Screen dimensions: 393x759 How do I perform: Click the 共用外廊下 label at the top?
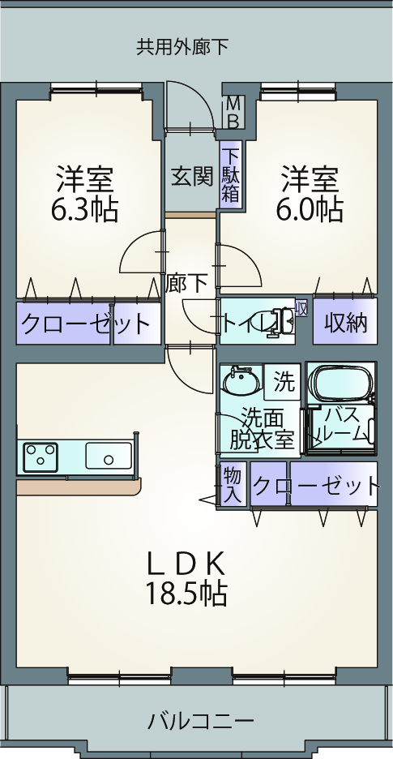coord(182,47)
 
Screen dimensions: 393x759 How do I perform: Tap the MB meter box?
coord(233,113)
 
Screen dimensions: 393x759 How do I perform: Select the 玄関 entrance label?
coord(192,177)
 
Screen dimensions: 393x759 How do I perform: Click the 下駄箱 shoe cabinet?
coord(231,174)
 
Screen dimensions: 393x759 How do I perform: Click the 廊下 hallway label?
coord(187,283)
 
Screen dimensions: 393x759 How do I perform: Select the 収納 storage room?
coord(344,321)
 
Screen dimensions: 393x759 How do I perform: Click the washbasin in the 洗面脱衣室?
coord(241,381)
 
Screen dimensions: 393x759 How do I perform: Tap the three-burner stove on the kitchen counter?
coord(41,457)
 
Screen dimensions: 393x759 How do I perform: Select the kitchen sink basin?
coord(109,456)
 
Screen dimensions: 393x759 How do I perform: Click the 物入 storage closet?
coord(233,483)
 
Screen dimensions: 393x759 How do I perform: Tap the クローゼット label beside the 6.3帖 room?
coord(85,324)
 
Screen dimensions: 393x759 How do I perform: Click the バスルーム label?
coord(341,424)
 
